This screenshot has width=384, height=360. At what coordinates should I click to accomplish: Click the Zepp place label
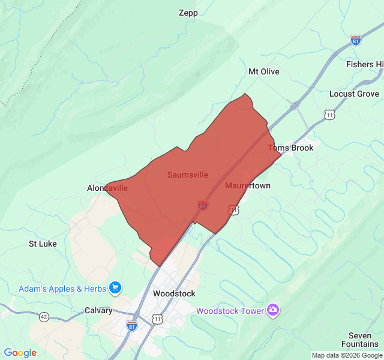188,13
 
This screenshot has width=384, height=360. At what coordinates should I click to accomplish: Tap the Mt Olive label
264,71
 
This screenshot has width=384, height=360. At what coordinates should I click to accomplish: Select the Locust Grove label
354,94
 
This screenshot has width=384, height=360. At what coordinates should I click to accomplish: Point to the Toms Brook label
290,148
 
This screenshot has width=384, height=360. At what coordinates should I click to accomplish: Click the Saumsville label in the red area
188,175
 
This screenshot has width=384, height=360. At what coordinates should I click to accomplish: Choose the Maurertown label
247,185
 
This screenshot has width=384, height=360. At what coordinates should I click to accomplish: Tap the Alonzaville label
107,188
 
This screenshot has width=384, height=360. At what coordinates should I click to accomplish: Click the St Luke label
43,244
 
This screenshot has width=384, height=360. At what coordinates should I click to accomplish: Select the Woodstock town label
174,293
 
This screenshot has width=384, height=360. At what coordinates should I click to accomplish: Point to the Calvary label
98,310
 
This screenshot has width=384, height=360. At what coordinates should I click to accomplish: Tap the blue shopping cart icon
115,289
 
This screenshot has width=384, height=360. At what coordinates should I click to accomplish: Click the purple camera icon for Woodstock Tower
274,310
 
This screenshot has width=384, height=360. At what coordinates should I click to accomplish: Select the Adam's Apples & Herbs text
62,289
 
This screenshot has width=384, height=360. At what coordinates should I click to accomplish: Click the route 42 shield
44,316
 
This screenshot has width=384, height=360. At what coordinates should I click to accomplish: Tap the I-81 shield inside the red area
203,205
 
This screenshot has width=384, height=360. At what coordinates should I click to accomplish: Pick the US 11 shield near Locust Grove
330,114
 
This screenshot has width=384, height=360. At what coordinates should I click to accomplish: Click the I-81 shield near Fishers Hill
356,40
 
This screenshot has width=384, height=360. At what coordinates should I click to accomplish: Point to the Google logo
20,353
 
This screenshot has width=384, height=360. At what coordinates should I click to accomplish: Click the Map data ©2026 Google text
347,355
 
